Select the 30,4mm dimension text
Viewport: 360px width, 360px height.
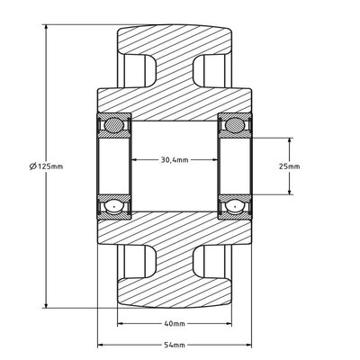[x=174, y=160]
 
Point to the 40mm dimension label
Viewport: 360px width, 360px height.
[x=174, y=323]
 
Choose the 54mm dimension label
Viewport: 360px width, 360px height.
[x=174, y=344]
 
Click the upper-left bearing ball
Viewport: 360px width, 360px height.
[x=114, y=125]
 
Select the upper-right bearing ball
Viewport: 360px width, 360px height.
[x=232, y=125]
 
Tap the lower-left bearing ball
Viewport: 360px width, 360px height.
[x=114, y=207]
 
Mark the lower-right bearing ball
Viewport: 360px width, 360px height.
[x=232, y=207]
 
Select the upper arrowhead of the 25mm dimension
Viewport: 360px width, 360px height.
[x=290, y=141]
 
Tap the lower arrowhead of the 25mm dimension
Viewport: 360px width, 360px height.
[x=290, y=192]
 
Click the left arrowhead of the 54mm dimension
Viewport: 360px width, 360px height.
[x=101, y=344]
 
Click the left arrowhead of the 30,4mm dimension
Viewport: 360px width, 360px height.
[x=136, y=160]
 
